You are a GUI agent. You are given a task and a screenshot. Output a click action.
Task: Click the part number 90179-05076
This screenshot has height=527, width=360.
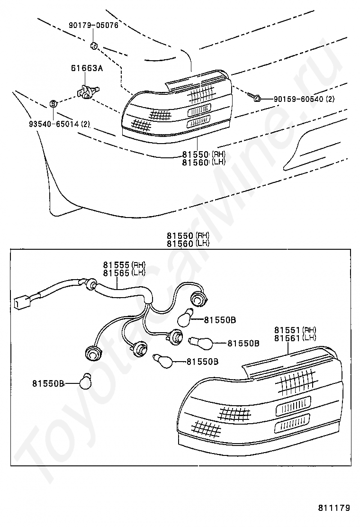93,25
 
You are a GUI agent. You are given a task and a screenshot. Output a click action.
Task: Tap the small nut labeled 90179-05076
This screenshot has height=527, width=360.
94,46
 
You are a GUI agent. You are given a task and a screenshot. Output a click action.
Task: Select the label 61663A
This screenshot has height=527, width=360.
87,68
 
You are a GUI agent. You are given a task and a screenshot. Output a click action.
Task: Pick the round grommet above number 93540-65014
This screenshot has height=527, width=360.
54,103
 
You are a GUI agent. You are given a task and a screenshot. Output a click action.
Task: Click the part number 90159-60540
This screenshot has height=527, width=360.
298,99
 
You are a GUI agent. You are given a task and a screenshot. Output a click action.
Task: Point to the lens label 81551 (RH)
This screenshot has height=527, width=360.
295,330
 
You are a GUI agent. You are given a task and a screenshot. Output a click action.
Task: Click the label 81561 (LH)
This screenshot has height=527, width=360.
295,337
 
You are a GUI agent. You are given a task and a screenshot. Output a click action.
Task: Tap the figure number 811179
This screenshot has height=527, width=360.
334,508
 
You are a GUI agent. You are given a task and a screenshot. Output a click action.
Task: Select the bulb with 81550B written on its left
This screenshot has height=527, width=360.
86,381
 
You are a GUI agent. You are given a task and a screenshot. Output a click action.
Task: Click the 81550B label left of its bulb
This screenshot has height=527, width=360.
48,383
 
